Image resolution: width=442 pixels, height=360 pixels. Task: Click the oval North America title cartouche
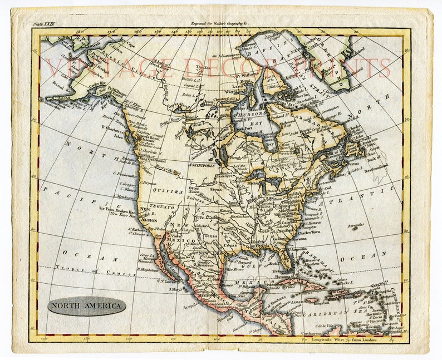click(86, 305)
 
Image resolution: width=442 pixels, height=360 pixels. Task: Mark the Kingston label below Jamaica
click(313, 303)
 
